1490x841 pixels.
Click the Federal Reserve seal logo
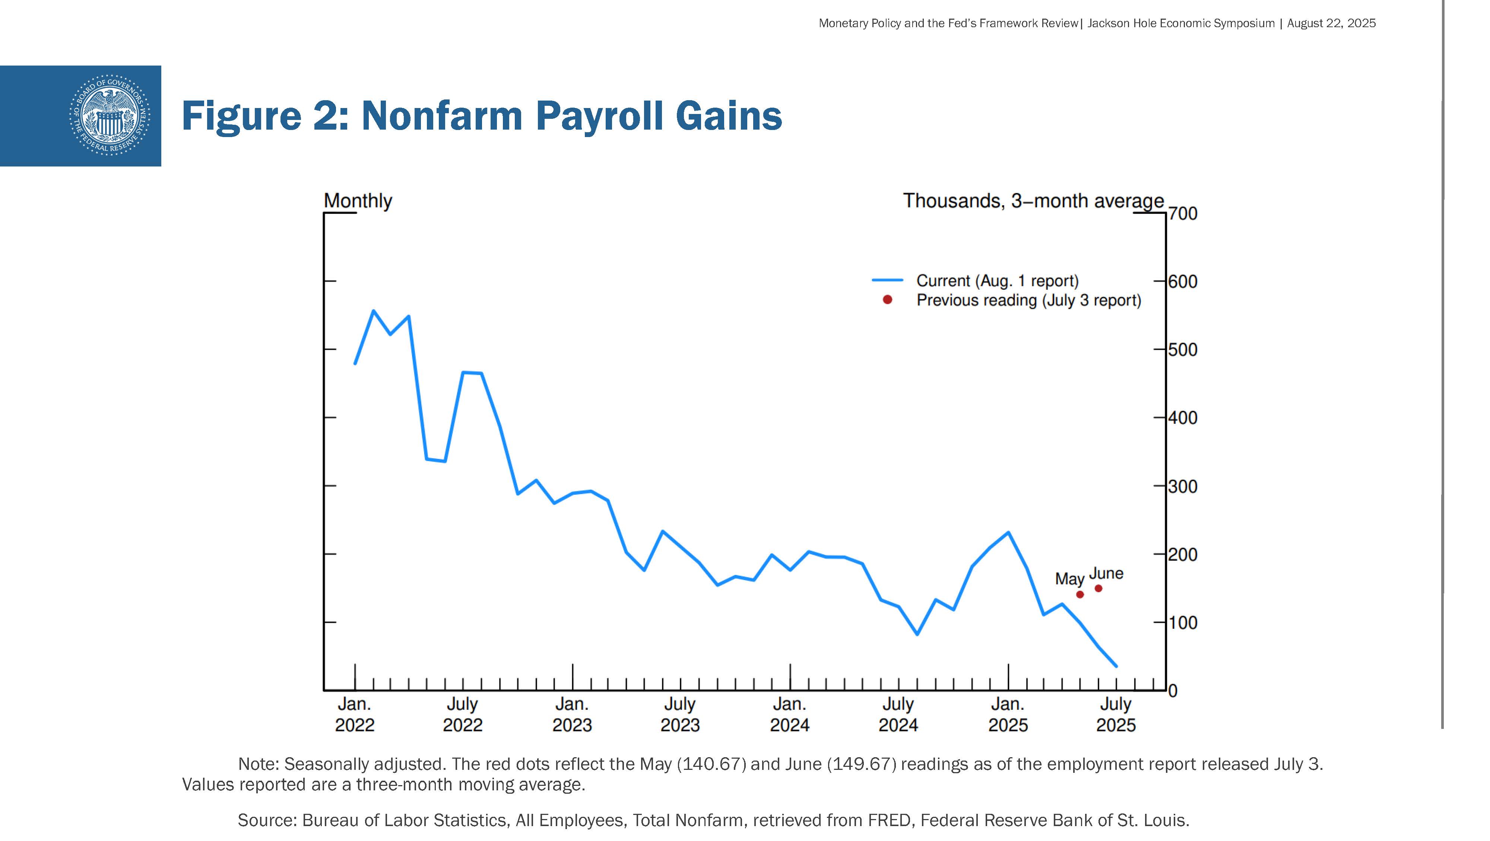109,115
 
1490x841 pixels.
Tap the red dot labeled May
1080,594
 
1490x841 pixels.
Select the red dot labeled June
1099,588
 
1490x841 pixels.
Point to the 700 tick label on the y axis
1182,213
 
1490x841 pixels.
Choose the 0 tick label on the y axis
1173,691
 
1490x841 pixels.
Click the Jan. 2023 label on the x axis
572,714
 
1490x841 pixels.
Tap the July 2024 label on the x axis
898,714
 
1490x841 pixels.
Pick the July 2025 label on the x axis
1116,714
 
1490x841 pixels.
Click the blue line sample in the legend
887,280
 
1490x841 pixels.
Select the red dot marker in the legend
887,299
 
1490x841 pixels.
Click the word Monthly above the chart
358,201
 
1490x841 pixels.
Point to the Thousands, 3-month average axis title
1033,201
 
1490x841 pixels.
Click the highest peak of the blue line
373,311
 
